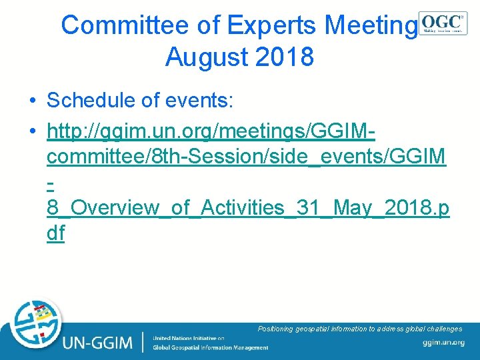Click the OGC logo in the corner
click(443, 22)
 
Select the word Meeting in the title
click(370, 25)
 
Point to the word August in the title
click(205, 57)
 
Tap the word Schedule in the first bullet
click(96, 101)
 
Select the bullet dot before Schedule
click(32, 101)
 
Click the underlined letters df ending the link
click(56, 234)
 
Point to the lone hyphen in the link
click(51, 181)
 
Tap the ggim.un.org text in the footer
click(443, 343)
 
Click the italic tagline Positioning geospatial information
click(359, 329)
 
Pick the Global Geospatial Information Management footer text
click(210, 347)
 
